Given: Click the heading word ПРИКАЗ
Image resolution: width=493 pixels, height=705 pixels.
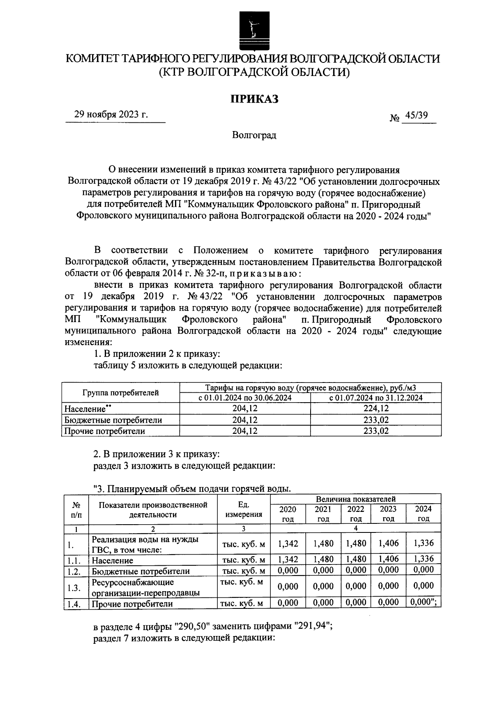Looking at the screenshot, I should pos(253,99).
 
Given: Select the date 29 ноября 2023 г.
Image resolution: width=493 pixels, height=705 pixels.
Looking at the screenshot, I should pos(111,115).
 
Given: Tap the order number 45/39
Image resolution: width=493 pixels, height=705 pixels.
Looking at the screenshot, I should pos(416,115).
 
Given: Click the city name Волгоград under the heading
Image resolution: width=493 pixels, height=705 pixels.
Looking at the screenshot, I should pos(254,135).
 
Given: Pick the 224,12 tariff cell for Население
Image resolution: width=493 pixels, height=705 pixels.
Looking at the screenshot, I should pos(376,408).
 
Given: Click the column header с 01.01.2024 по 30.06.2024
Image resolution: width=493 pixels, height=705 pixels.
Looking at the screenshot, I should pos(245,398).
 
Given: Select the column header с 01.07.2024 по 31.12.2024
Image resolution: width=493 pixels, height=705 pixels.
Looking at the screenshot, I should pos(376,398).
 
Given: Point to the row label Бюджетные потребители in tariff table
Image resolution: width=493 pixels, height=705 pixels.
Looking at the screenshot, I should pos(113,420).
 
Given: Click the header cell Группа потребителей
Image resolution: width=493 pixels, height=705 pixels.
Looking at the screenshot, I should pos(120,393).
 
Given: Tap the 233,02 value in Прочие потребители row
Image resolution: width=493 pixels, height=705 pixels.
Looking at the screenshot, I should pos(376,431).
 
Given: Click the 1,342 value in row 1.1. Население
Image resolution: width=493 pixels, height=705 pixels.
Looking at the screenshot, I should pos(288,559).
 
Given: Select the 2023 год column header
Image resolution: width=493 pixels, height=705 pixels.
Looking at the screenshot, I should pos(388,514).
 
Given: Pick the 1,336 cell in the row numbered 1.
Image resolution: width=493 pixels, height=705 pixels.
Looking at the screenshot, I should pos(424,543).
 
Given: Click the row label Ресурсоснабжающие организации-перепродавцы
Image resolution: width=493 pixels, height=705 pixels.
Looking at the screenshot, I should pos(146,587).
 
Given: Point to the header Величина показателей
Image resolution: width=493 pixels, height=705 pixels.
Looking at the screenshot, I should pos(355,499).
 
